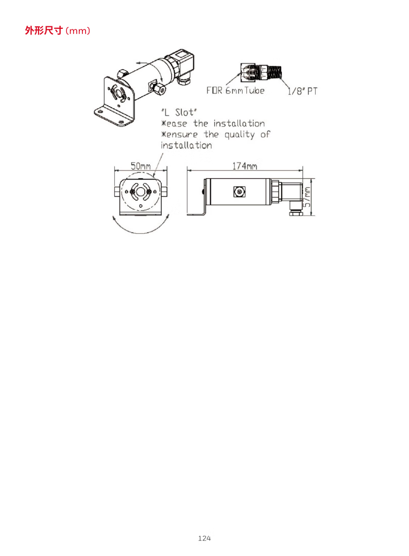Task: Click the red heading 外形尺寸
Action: click(44, 31)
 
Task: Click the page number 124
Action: click(204, 538)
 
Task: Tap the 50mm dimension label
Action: click(140, 166)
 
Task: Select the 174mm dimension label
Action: click(245, 166)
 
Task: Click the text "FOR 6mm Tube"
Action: click(235, 91)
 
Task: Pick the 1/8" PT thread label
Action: click(302, 91)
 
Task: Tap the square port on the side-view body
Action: click(238, 191)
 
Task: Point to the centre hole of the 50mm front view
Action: click(140, 192)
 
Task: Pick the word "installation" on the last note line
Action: click(186, 145)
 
